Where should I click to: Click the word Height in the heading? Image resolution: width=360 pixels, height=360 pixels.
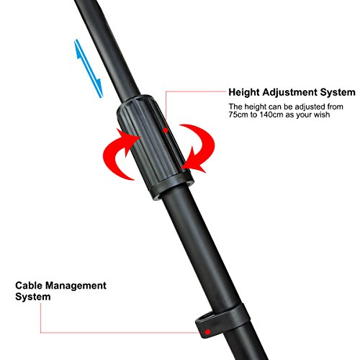pyautogui.click(x=244, y=92)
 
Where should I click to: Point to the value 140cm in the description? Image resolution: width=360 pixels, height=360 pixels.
pyautogui.click(x=271, y=114)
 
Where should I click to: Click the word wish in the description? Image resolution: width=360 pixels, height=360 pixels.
pyautogui.click(x=322, y=114)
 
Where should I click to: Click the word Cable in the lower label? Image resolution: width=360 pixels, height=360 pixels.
pyautogui.click(x=29, y=286)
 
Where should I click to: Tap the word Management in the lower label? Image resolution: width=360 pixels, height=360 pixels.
pyautogui.click(x=76, y=286)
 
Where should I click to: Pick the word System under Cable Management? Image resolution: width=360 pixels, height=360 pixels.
pyautogui.click(x=33, y=297)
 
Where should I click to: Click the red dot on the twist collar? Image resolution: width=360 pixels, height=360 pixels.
pyautogui.click(x=166, y=130)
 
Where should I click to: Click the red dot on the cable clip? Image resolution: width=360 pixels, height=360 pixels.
pyautogui.click(x=208, y=332)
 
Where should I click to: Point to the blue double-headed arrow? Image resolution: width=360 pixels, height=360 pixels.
pyautogui.click(x=89, y=68)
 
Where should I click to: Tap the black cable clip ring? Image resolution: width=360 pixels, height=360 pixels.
pyautogui.click(x=222, y=320)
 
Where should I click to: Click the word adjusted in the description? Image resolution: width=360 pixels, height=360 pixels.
pyautogui.click(x=298, y=107)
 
